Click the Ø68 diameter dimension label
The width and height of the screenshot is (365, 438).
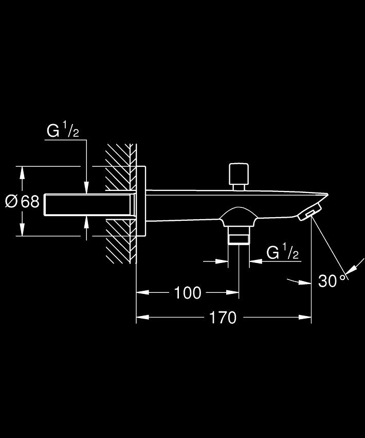click(22, 201)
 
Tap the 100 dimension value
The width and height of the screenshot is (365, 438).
click(188, 293)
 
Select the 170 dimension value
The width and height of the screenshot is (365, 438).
click(223, 318)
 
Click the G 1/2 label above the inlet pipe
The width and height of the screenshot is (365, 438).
click(63, 130)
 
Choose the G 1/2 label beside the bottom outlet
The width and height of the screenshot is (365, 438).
click(282, 252)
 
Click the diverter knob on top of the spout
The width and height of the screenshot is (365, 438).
click(239, 177)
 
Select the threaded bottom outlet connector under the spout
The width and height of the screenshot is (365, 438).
click(239, 235)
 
